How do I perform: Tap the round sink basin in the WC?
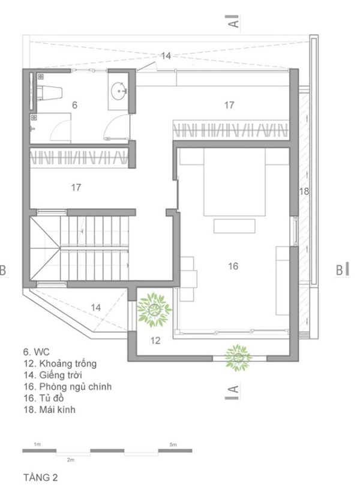119,91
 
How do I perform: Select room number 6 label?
74,105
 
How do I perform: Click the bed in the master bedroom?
234,182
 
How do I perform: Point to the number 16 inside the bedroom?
233,266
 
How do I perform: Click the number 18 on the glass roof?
304,191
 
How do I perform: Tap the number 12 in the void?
155,341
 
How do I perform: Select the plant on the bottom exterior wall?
238,357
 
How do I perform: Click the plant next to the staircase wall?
154,309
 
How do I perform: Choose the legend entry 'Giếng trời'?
53,375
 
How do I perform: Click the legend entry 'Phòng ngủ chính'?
68,387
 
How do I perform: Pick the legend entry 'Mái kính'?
50,410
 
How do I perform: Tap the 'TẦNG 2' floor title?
41,477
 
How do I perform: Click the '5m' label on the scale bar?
173,444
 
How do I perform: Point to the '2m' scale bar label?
71,460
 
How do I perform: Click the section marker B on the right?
342,269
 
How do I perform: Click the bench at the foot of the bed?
234,226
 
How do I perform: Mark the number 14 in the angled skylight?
95,307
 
